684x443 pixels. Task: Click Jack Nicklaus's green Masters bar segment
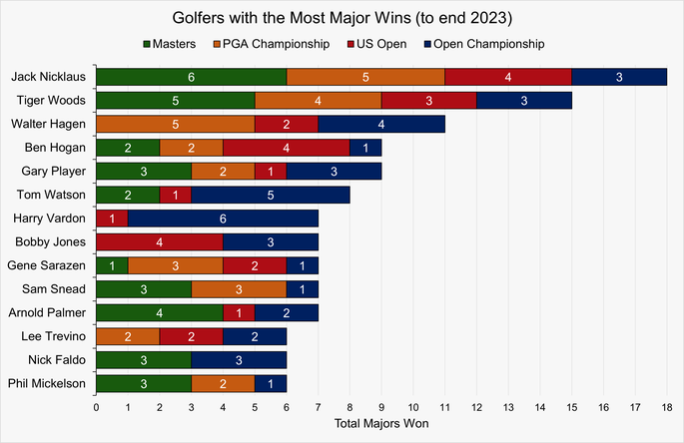click(x=191, y=77)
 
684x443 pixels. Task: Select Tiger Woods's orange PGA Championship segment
click(x=318, y=100)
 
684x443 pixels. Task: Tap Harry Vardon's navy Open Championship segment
click(x=223, y=219)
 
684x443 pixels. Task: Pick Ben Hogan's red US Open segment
click(x=286, y=148)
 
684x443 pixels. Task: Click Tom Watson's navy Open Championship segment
click(x=270, y=195)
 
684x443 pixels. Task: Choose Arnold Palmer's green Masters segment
click(x=159, y=313)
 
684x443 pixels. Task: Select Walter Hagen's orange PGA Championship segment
click(x=175, y=124)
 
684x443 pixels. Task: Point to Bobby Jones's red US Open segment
click(x=159, y=242)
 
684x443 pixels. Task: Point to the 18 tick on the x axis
click(x=666, y=407)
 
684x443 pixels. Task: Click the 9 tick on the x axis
click(x=381, y=407)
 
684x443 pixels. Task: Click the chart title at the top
click(x=342, y=17)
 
